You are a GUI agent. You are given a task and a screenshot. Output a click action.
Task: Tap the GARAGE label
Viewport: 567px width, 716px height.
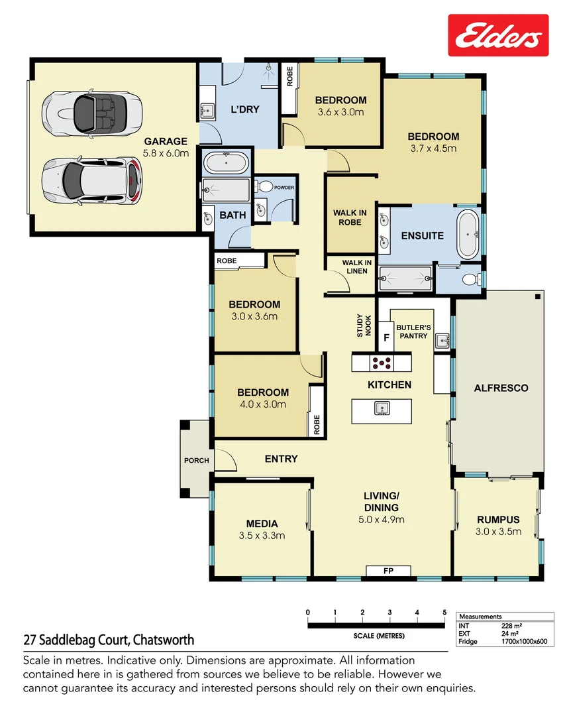[x=166, y=141]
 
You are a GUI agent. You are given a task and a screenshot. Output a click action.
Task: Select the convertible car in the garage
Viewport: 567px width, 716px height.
[x=91, y=113]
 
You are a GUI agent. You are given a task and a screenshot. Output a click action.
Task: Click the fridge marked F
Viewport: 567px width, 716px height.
[x=386, y=338]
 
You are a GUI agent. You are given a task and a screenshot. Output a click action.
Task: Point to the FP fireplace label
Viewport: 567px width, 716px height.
[x=388, y=570]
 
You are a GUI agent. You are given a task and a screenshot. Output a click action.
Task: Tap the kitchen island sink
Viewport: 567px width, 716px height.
[x=382, y=408]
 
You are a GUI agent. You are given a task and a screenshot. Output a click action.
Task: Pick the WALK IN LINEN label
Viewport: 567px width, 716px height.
[x=355, y=267]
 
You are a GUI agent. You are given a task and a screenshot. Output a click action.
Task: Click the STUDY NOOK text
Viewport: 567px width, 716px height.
[x=364, y=326]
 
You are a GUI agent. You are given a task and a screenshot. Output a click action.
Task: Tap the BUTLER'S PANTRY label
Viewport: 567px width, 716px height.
[x=413, y=331]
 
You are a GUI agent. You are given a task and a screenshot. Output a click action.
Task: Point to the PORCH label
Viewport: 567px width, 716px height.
[x=196, y=460]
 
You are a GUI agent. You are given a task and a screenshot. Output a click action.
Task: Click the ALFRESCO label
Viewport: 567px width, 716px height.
[x=501, y=388]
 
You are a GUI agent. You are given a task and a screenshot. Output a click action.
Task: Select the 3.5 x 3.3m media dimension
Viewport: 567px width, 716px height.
[x=262, y=535]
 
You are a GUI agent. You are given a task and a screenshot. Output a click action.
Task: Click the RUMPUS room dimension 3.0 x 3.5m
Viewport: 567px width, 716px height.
[x=498, y=531]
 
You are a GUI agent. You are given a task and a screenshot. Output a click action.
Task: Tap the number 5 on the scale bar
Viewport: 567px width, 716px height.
[x=444, y=612]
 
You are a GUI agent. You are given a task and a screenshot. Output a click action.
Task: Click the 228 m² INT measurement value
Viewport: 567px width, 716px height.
[x=510, y=625]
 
